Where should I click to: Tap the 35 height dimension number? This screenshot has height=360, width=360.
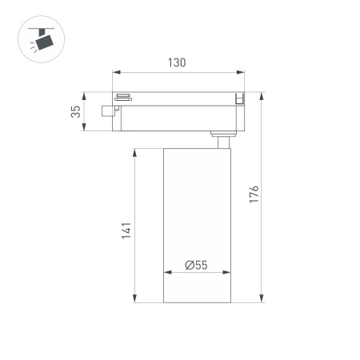[77, 114]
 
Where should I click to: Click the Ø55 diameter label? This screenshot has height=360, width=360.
[196, 266]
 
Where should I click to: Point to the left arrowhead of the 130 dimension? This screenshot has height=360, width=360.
[115, 74]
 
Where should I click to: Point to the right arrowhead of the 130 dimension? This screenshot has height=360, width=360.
[242, 74]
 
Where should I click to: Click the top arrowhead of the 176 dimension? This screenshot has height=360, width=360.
[262, 96]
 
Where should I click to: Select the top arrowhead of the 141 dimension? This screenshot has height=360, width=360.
[134, 150]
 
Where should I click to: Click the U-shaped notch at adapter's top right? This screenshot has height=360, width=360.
[238, 99]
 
